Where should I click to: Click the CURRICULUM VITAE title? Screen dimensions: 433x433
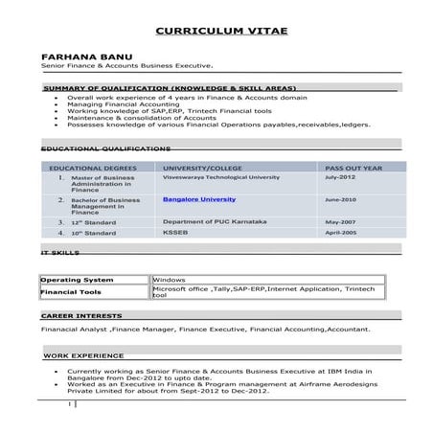click(x=220, y=31)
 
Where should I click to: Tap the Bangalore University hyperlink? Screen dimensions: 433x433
click(x=198, y=199)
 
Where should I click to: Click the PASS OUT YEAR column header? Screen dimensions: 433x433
click(x=353, y=167)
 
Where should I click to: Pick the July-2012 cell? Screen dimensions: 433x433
click(x=340, y=177)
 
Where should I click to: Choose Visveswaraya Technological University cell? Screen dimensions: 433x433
click(x=221, y=177)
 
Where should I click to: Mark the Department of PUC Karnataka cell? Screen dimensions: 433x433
click(x=215, y=221)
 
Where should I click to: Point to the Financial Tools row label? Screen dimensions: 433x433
click(x=71, y=291)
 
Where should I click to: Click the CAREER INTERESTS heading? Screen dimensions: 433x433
click(x=80, y=315)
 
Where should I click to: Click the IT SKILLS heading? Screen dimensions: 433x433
click(x=58, y=254)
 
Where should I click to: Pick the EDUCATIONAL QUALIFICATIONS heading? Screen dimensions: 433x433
click(x=105, y=149)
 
